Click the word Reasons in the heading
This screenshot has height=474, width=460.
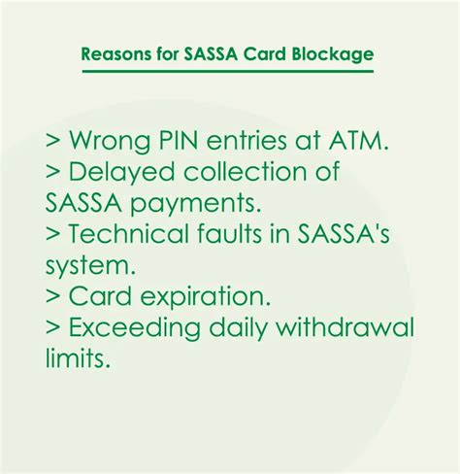pos(115,54)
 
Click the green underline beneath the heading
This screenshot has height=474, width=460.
pos(228,71)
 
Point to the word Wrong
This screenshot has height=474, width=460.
pos(110,142)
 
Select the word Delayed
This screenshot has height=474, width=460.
pos(121,173)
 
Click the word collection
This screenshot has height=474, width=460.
pos(245,171)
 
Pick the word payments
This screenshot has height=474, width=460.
pos(195,204)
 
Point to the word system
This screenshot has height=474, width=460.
pos(90,266)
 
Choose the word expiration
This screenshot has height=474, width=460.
pos(205,297)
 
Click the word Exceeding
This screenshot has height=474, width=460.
pos(135,328)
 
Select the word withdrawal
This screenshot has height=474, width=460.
pos(345,326)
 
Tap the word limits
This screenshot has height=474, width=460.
pos(78,357)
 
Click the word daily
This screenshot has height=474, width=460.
pos(238,328)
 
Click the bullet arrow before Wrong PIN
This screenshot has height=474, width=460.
pos(53,141)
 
